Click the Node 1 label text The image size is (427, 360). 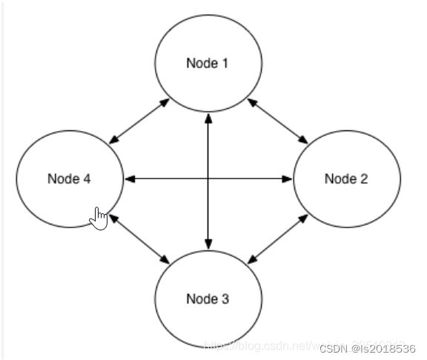coord(207,63)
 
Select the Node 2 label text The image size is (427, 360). coord(346,179)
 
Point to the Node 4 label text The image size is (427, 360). coord(69,179)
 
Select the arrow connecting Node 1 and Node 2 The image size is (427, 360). coord(277,120)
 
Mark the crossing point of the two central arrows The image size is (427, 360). coord(208,179)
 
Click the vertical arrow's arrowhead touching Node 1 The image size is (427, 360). coord(208,117)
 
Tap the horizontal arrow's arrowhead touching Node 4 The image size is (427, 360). coord(128,179)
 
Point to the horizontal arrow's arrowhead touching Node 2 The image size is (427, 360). coord(288,179)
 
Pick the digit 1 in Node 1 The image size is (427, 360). coord(225,63)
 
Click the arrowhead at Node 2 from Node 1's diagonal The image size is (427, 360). coord(304,139)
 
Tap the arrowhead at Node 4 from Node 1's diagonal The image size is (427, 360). coord(113,139)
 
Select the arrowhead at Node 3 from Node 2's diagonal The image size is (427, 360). coord(251,259)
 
